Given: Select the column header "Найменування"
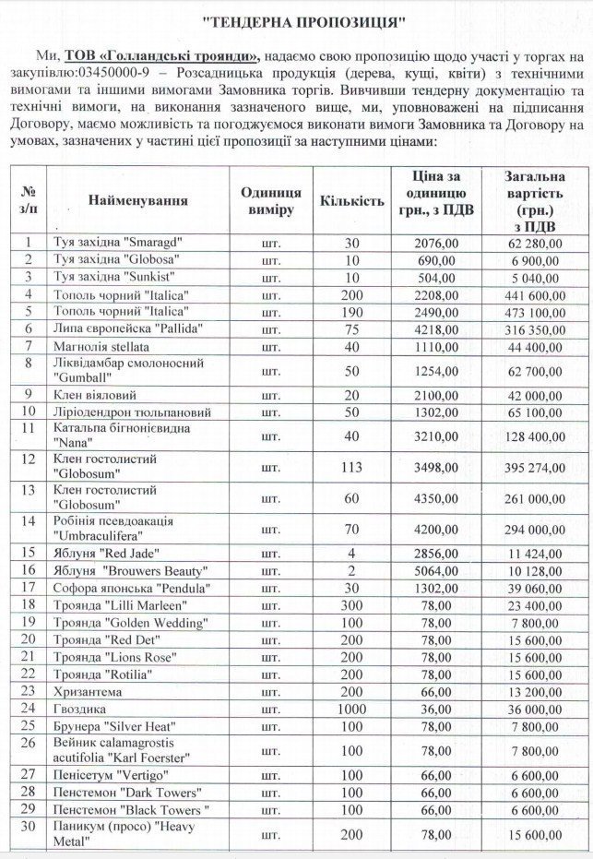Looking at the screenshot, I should point(138,200).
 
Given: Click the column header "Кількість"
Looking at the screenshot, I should point(350,200).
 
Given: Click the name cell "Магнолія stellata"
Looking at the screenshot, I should point(101,345).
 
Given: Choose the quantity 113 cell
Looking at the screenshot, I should point(350,467).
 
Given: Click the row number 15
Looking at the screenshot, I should point(29,554).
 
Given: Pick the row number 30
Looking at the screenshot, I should point(29,826).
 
